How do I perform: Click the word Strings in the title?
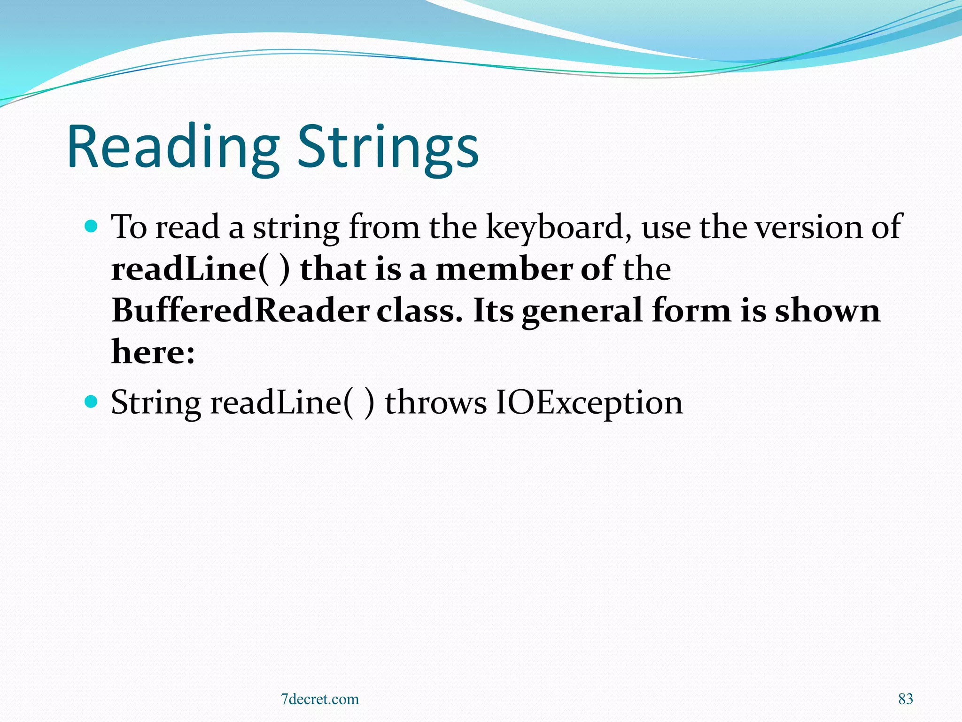pyautogui.click(x=388, y=147)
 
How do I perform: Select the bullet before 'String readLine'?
pyautogui.click(x=91, y=402)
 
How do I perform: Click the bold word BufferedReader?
pyautogui.click(x=240, y=311)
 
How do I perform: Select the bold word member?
pyautogui.click(x=504, y=269)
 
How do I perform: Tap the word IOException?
pyautogui.click(x=589, y=403)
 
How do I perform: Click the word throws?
pyautogui.click(x=435, y=403)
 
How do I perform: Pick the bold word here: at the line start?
pyautogui.click(x=153, y=353)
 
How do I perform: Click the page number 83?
pyautogui.click(x=905, y=699)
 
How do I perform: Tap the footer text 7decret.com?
pyautogui.click(x=319, y=699)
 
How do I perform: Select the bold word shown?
pyautogui.click(x=827, y=311)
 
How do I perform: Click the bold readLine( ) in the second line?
pyautogui.click(x=200, y=269)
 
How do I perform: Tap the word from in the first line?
pyautogui.click(x=384, y=228)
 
